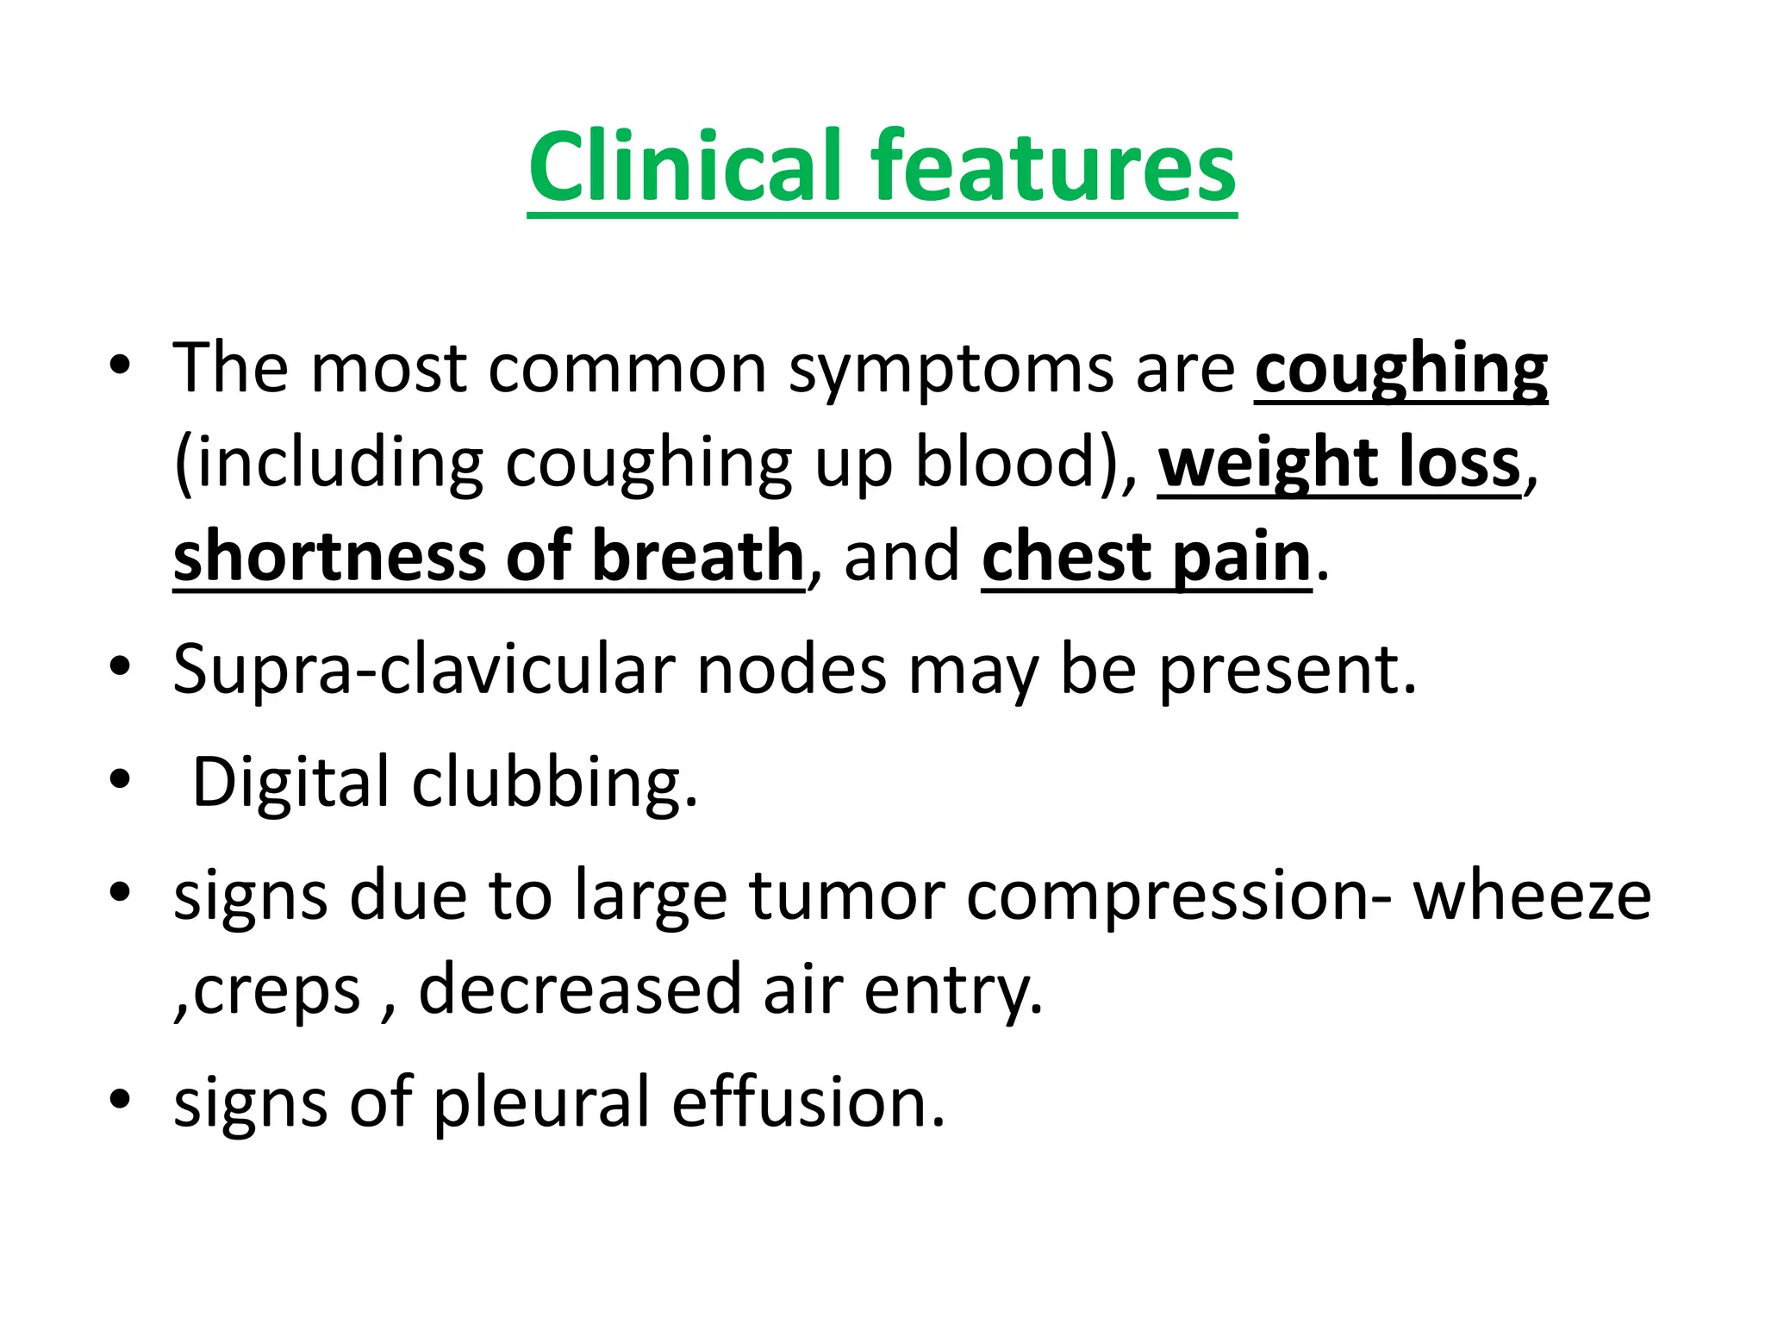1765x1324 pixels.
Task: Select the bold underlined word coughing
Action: pyautogui.click(x=1400, y=369)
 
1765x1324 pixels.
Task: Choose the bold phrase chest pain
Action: pyautogui.click(x=1146, y=558)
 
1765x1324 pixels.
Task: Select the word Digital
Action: pyautogui.click(x=290, y=782)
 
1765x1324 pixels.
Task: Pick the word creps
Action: pyautogui.click(x=276, y=991)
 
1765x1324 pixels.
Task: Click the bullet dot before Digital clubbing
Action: pyautogui.click(x=120, y=779)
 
